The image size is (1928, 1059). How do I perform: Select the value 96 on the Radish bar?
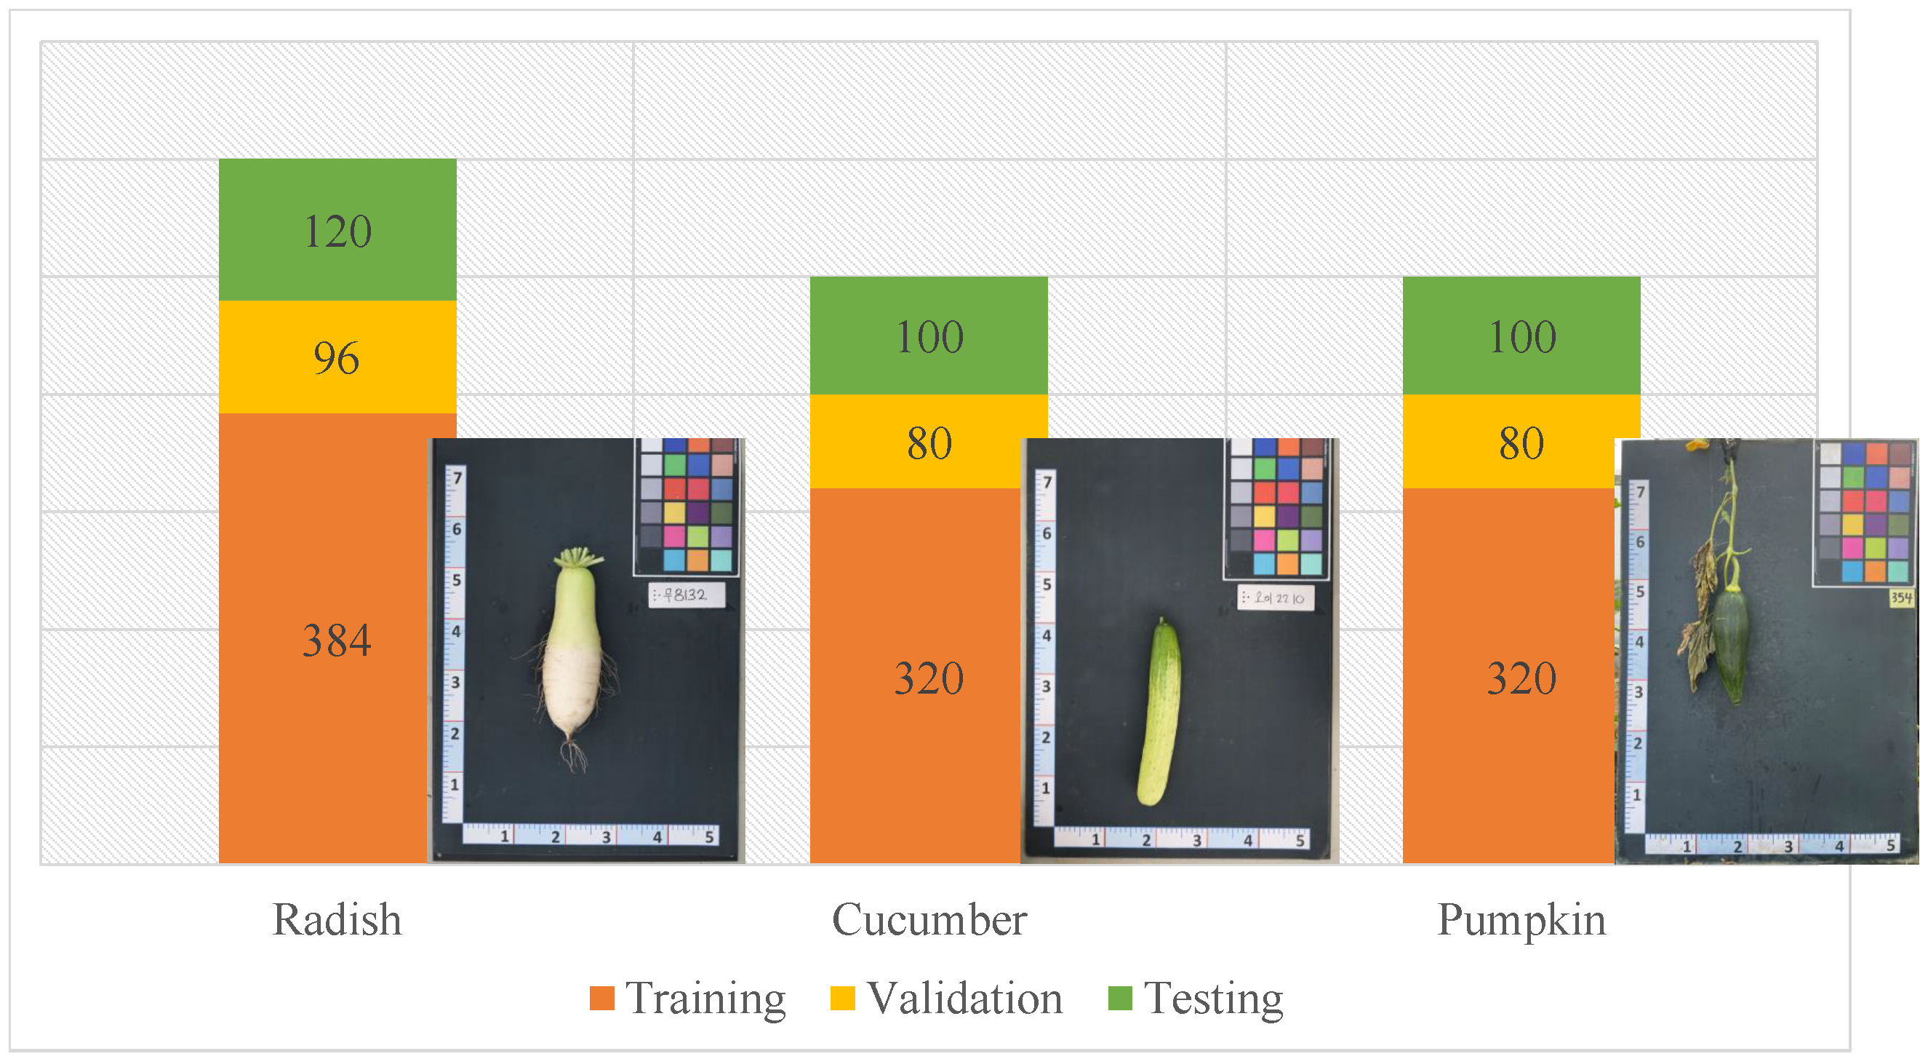coord(337,358)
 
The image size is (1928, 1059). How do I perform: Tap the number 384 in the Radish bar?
coord(337,640)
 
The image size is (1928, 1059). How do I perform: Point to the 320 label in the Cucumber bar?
coord(929,678)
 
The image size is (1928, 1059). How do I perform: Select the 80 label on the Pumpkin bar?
coord(1521,443)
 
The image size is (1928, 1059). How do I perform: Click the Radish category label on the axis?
coord(337,919)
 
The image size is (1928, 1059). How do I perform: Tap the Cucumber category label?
coord(929,919)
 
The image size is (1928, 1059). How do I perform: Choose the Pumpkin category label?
coord(1521,919)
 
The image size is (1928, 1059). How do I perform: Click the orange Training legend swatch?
coord(601,998)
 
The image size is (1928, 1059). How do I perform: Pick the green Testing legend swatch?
coord(1120,998)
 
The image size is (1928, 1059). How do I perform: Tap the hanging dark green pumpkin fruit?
coord(1730,644)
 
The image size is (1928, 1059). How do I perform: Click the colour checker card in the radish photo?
coord(687,506)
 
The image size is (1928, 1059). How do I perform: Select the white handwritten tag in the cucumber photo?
coord(1275,598)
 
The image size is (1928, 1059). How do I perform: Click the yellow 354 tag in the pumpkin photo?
coord(1901,597)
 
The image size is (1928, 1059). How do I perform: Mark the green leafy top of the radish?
coord(577,558)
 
